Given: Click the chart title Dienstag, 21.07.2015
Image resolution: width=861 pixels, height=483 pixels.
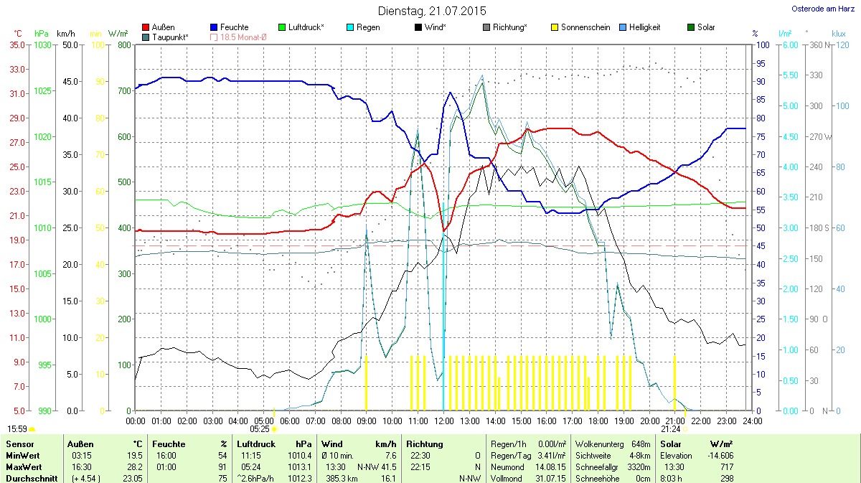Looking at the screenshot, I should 431,11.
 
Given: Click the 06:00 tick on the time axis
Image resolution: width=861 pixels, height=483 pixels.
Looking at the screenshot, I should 290,420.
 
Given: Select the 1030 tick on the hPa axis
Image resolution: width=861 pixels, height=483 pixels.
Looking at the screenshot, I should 43,44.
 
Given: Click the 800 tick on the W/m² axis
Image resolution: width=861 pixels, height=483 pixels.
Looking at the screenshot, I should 124,44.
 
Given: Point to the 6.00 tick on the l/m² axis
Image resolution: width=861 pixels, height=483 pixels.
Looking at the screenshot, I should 789,44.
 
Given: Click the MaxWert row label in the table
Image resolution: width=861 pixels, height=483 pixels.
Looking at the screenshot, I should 23,466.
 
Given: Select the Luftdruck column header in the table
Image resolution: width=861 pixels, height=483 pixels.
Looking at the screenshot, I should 256,444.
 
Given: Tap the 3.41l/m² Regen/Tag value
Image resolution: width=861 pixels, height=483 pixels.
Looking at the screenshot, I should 551,455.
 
